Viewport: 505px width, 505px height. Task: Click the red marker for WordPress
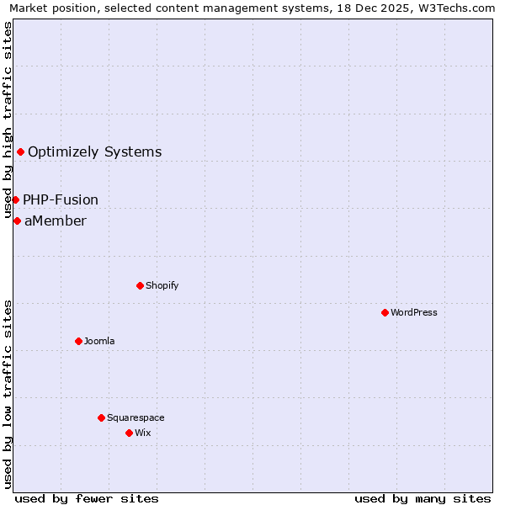[x=385, y=312]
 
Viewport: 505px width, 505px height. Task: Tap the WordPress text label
[x=414, y=312]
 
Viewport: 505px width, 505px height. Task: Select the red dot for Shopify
[x=140, y=285]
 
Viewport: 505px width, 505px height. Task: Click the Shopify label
[x=162, y=285]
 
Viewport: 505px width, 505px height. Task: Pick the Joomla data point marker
[x=78, y=341]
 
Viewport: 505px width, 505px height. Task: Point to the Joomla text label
[x=99, y=341]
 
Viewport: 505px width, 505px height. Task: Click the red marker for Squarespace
[x=101, y=417]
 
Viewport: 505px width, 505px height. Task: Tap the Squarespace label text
[x=136, y=417]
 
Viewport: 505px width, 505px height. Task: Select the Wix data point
[x=129, y=433]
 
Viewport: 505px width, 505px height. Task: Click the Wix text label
[x=143, y=433]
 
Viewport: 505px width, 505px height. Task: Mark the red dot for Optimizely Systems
[x=20, y=151]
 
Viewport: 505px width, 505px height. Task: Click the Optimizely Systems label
[x=95, y=152]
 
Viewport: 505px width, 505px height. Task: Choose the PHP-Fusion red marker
[x=15, y=199]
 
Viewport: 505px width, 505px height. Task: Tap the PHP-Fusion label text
[x=61, y=200]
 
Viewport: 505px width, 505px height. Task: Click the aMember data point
[x=17, y=221]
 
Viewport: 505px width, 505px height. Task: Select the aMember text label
[x=56, y=221]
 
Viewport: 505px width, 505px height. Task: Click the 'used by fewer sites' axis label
[x=87, y=498]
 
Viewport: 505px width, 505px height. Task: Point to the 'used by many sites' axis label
[x=423, y=498]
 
